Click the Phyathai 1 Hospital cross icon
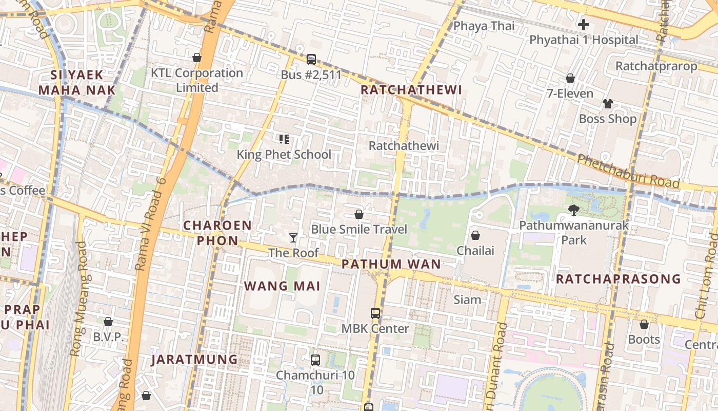584,24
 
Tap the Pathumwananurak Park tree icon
573,210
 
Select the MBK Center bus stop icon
375,313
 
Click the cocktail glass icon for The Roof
293,237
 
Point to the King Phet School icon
284,139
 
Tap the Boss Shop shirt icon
607,104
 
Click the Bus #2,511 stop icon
311,59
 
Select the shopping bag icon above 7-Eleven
570,78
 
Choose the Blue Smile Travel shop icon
359,214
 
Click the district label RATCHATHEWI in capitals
411,90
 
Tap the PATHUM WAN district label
391,264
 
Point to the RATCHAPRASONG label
618,279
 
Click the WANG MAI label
282,286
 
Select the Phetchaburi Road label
628,171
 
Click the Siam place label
467,300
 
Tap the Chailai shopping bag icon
475,235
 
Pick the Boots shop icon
644,324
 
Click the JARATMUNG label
194,360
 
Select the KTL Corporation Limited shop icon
196,58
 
